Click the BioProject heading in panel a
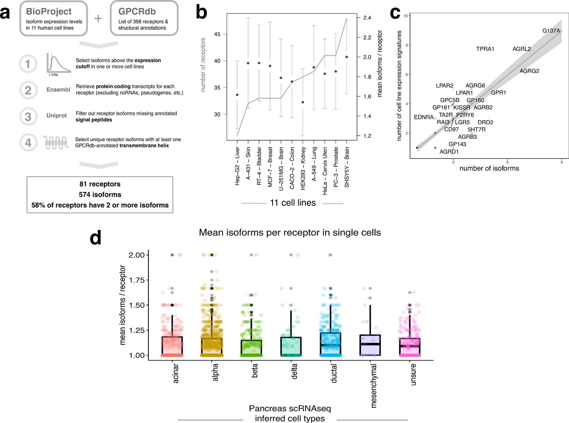click(x=48, y=12)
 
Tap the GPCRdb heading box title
click(x=137, y=12)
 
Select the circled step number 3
click(x=28, y=117)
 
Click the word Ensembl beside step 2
click(x=58, y=89)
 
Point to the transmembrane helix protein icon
click(x=56, y=143)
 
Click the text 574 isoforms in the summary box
click(x=100, y=194)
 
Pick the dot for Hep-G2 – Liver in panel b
click(x=237, y=95)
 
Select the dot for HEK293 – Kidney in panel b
click(x=303, y=102)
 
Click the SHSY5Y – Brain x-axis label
click(x=347, y=167)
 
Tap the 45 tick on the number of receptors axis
click(x=217, y=34)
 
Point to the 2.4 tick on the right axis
click(x=367, y=18)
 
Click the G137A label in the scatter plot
click(x=551, y=31)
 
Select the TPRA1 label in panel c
click(x=485, y=49)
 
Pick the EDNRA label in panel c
click(x=423, y=117)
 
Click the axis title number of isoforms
click(x=489, y=168)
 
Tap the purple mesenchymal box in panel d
click(x=370, y=345)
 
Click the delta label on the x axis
click(x=294, y=371)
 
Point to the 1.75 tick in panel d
click(x=137, y=280)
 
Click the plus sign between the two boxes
click(x=98, y=18)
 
